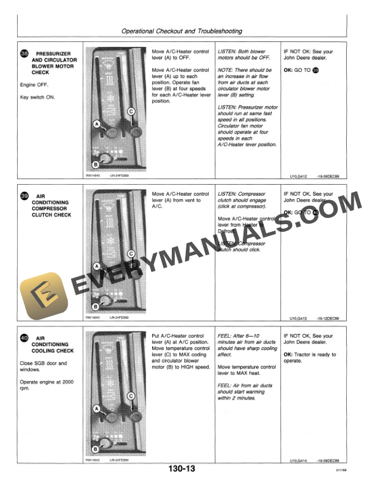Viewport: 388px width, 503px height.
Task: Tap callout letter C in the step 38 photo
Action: pos(131,111)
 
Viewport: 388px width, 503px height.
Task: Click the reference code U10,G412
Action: pos(298,177)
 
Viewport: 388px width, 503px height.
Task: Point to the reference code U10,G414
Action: pos(298,460)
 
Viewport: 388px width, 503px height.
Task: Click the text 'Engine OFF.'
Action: pos(36,84)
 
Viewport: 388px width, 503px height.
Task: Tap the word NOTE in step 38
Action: pos(226,70)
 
